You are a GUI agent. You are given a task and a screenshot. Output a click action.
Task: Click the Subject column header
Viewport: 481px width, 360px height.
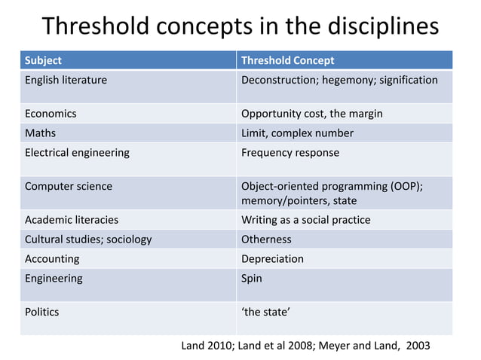[43, 60]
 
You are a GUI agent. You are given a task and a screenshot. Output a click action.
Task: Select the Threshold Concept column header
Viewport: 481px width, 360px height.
[287, 60]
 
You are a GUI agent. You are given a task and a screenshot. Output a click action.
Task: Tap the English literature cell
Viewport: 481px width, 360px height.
[66, 80]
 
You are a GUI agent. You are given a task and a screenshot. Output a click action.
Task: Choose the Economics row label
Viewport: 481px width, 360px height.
[51, 114]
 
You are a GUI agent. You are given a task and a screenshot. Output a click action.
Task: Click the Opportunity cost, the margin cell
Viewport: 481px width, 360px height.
[311, 114]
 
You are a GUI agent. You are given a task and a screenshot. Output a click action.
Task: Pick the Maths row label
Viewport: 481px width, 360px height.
[41, 133]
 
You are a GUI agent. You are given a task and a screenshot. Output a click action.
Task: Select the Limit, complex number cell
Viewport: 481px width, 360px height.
[297, 133]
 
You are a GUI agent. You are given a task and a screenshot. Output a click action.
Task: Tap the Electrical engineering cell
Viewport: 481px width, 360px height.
[77, 153]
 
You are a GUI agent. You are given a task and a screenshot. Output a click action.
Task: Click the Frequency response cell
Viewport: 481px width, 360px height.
[290, 153]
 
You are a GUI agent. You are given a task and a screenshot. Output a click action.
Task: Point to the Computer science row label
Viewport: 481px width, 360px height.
[69, 186]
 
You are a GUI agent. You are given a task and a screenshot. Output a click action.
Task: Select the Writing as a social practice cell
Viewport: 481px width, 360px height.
[305, 220]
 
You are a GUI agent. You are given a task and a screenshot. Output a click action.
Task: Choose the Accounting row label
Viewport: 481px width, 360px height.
[52, 259]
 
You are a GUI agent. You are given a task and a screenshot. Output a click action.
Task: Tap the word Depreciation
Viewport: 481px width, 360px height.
[272, 259]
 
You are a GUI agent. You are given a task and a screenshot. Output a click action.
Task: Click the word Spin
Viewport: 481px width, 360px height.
[252, 279]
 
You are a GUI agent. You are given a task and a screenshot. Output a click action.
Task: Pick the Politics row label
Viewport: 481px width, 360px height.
[42, 312]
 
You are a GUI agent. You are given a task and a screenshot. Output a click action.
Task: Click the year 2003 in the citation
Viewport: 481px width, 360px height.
[418, 346]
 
